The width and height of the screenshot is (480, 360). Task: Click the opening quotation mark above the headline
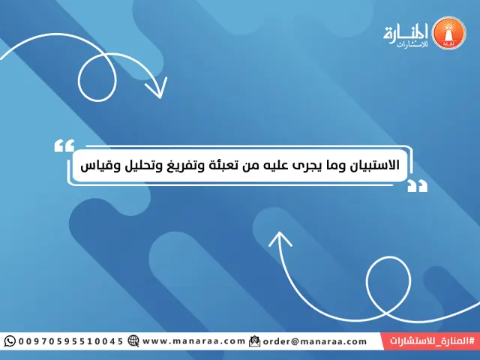65,143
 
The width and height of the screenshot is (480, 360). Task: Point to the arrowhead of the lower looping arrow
280,239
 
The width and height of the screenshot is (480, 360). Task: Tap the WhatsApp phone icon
9,341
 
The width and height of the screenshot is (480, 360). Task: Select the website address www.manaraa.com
193,341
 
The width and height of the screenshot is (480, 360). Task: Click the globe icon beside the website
133,341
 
